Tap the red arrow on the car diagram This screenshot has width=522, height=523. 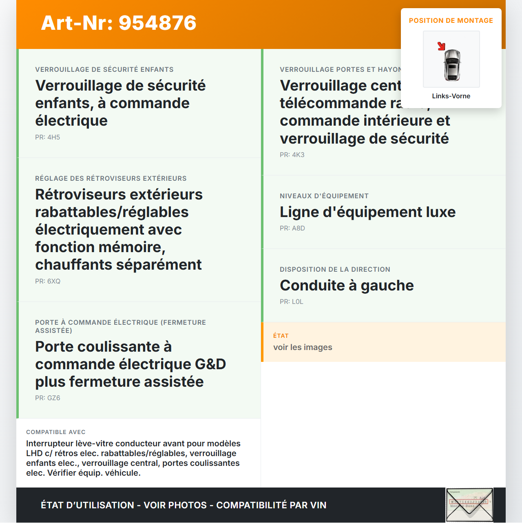pyautogui.click(x=441, y=46)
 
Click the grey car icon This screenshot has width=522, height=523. pyautogui.click(x=452, y=65)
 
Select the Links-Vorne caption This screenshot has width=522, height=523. pyautogui.click(x=451, y=96)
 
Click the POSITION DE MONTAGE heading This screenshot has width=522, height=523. pyautogui.click(x=451, y=20)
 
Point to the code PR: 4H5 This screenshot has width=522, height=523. pyautogui.click(x=47, y=137)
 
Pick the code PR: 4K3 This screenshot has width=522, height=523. pyautogui.click(x=292, y=155)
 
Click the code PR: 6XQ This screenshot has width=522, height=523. pyautogui.click(x=48, y=281)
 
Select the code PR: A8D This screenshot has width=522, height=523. pyautogui.click(x=292, y=228)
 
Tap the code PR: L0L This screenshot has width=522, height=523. pyautogui.click(x=291, y=301)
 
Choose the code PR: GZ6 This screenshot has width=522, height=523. pyautogui.click(x=47, y=398)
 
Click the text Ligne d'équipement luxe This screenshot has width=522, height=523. pyautogui.click(x=367, y=212)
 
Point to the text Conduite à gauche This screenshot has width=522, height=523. pyautogui.click(x=347, y=285)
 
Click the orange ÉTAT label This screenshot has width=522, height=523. pyautogui.click(x=281, y=336)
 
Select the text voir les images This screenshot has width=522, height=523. pyautogui.click(x=303, y=347)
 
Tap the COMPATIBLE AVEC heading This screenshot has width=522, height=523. pyautogui.click(x=56, y=432)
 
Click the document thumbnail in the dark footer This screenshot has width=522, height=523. pyautogui.click(x=469, y=505)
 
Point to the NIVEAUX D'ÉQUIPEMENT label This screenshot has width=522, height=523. pyautogui.click(x=324, y=196)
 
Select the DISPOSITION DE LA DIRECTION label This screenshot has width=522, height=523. pyautogui.click(x=335, y=269)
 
